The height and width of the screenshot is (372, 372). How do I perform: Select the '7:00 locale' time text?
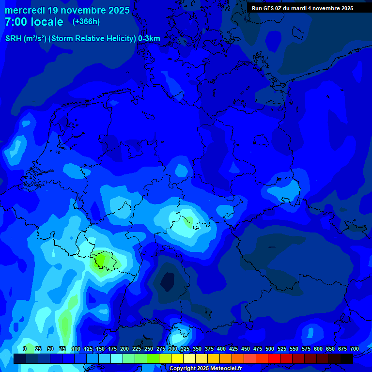[x=34, y=22]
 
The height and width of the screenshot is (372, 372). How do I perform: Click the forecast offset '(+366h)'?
[x=86, y=22]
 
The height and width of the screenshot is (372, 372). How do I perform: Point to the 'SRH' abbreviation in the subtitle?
[x=14, y=39]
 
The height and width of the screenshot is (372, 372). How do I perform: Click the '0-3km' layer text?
[x=149, y=39]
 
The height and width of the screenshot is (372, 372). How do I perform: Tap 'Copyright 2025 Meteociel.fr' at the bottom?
[x=205, y=369]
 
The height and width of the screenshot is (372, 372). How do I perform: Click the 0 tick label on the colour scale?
[x=25, y=349]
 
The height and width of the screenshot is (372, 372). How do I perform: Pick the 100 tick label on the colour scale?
[x=76, y=349]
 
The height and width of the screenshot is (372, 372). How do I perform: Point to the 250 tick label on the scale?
[x=149, y=349]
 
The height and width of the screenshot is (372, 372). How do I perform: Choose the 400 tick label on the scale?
[x=221, y=349]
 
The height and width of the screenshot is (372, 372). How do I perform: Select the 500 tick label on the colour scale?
[x=270, y=349]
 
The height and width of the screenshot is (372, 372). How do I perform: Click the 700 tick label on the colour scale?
[x=355, y=349]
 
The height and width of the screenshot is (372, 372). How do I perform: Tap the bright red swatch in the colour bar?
[x=274, y=358]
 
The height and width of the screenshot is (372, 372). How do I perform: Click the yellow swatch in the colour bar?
[x=177, y=358]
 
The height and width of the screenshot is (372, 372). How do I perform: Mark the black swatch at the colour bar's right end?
[x=347, y=358]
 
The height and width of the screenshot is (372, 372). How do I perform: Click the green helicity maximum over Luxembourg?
[x=103, y=261]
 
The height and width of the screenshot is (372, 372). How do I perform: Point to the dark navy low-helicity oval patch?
[x=167, y=281]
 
